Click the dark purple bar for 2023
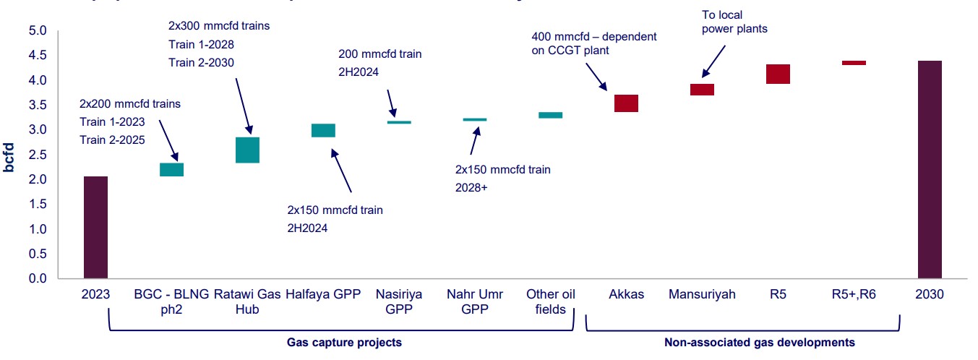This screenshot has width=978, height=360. click(95, 227)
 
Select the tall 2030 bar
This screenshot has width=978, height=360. click(930, 169)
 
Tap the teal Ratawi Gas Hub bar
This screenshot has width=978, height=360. click(247, 150)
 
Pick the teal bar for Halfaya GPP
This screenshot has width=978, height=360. click(323, 130)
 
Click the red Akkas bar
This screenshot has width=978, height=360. click(626, 103)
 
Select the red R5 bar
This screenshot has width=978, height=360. click(778, 74)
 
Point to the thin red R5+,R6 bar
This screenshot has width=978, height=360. click(854, 63)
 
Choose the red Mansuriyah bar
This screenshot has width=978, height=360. click(702, 90)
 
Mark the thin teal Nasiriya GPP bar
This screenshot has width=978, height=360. click(399, 122)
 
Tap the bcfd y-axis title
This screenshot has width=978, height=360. click(9, 155)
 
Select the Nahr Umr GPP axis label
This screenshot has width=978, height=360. click(474, 302)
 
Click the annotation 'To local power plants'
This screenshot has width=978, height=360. click(734, 22)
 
